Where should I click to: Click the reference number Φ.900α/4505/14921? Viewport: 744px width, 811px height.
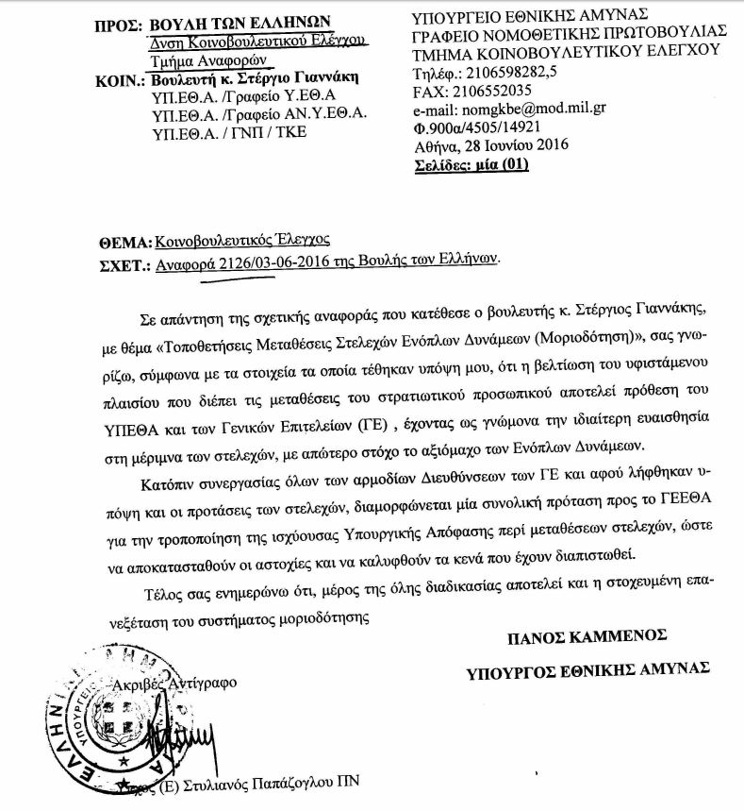(x=478, y=127)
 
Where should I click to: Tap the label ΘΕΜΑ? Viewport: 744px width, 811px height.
(x=123, y=238)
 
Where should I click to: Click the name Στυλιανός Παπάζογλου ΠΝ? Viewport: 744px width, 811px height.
(x=273, y=783)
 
